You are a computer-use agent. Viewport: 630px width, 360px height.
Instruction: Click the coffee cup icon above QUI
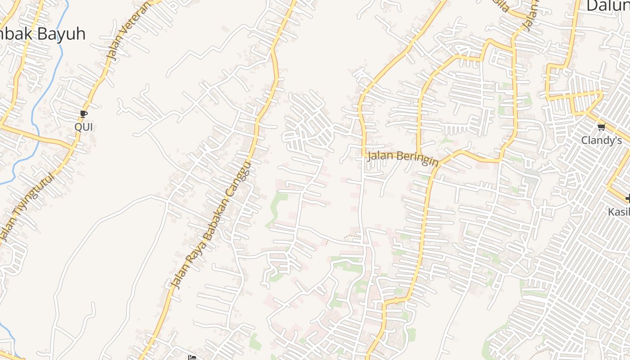tap(83, 114)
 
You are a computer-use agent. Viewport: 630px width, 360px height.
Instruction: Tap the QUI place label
tap(83, 127)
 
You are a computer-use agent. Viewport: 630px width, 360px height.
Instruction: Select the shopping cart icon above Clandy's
tap(601, 127)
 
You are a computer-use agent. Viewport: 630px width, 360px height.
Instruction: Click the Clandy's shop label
tap(601, 140)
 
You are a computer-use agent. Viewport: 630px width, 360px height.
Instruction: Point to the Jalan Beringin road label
tap(403, 158)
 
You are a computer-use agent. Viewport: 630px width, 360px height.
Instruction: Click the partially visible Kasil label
tap(619, 211)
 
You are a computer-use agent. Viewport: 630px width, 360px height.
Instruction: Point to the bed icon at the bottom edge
tap(192, 357)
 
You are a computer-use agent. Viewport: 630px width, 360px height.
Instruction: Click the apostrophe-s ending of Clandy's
tap(618, 140)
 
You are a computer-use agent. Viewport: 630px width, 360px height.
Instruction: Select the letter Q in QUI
tap(77, 127)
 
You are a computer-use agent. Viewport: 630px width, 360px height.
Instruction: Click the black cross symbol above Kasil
tap(628, 198)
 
